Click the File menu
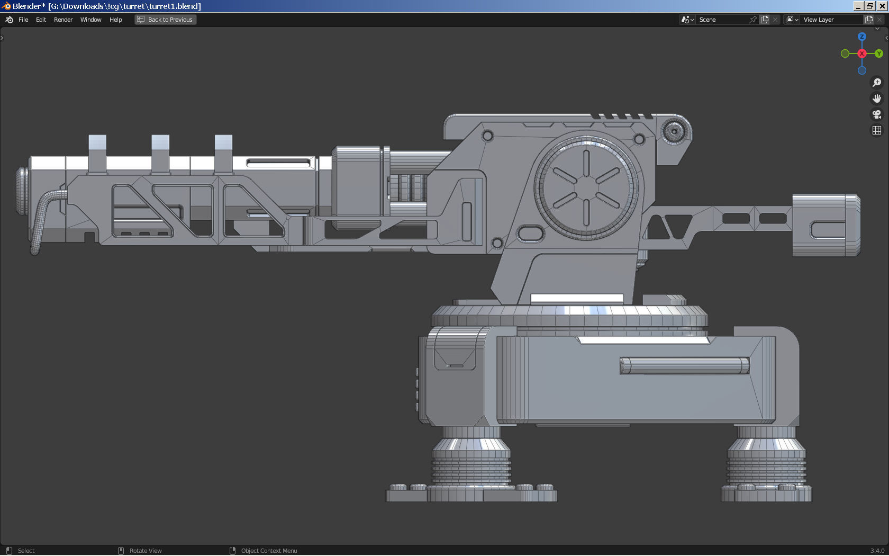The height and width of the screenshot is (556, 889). click(23, 20)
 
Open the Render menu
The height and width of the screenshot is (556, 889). click(63, 20)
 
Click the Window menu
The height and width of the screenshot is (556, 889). click(90, 20)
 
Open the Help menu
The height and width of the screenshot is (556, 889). click(115, 20)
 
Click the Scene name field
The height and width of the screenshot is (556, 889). click(722, 20)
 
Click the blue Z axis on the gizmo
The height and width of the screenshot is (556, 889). click(861, 37)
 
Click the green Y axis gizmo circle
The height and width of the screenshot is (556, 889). click(878, 53)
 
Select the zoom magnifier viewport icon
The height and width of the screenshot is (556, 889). click(876, 83)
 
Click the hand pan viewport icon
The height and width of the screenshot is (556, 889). click(876, 98)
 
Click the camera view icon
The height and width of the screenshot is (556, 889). click(876, 114)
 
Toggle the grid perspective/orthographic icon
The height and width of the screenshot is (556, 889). click(876, 130)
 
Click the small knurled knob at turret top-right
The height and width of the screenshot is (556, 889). click(674, 130)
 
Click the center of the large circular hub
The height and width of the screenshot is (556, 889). click(586, 187)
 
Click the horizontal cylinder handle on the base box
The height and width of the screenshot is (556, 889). click(684, 366)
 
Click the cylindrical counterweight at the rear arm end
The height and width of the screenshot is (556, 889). click(825, 226)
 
